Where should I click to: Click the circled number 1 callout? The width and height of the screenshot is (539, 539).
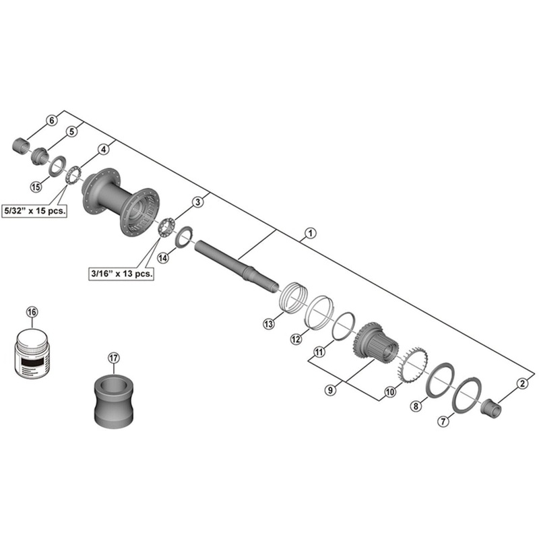coord(309,233)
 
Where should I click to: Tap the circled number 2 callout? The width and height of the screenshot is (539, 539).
coord(521,383)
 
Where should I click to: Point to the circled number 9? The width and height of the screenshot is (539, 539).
coord(330,389)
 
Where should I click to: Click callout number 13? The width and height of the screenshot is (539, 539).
coord(269,324)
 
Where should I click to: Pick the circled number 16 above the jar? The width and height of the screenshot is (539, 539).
coord(32,311)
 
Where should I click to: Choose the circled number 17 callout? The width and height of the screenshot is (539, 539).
coord(113,358)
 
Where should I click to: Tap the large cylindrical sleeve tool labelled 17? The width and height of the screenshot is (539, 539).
coord(113,402)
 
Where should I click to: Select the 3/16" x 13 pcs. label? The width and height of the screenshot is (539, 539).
coord(121,274)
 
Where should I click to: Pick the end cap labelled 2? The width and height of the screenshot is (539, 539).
coord(492,408)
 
